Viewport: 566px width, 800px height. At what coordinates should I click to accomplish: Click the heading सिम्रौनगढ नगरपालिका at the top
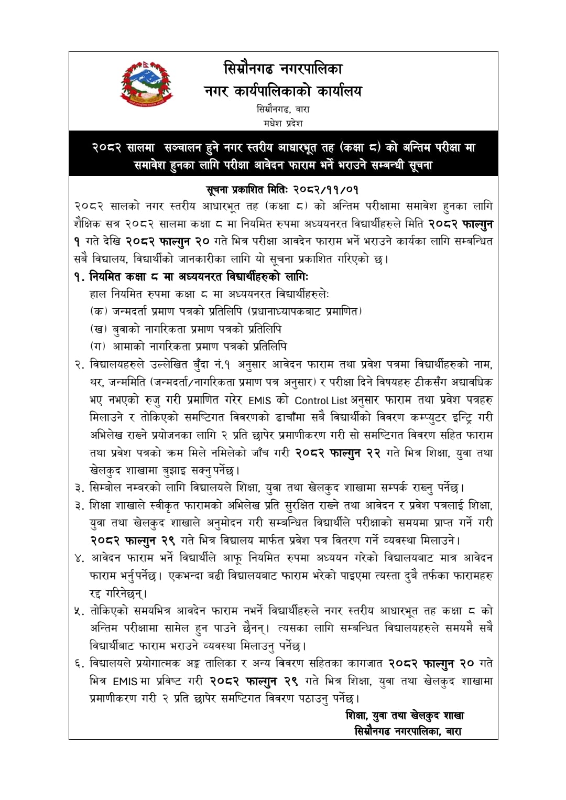(283, 69)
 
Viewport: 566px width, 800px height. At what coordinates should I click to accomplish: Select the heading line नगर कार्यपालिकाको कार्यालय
(283, 91)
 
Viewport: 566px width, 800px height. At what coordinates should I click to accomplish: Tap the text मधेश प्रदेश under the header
(284, 124)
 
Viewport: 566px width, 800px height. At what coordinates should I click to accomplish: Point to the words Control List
(321, 401)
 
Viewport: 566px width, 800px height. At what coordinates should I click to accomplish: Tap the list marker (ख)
(99, 329)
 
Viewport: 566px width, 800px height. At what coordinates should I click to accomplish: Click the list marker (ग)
(99, 347)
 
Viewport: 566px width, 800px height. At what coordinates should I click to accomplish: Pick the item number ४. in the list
(80, 558)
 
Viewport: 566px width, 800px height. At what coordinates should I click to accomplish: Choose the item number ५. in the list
(80, 611)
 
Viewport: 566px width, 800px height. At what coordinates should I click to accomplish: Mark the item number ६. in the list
(80, 664)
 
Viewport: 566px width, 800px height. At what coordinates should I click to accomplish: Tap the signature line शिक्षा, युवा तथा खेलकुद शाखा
(405, 716)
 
